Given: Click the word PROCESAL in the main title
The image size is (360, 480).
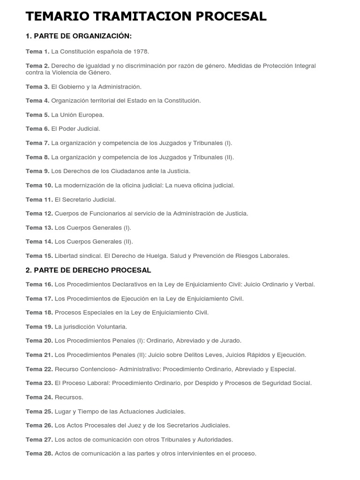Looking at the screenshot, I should (x=229, y=16).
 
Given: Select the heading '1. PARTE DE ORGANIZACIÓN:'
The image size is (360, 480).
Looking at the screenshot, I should (x=79, y=36).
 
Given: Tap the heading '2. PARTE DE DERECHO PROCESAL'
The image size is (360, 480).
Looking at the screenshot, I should (x=88, y=270).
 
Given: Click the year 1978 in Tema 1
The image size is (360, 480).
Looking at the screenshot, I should (x=141, y=51).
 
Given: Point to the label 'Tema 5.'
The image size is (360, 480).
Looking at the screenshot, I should (x=37, y=115).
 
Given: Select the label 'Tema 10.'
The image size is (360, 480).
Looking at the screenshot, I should (x=39, y=185).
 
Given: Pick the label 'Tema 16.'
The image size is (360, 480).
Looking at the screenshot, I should (x=39, y=284).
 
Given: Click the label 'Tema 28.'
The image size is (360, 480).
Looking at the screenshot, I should (x=39, y=454).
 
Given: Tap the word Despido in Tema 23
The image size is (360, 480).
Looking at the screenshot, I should (x=210, y=383).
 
